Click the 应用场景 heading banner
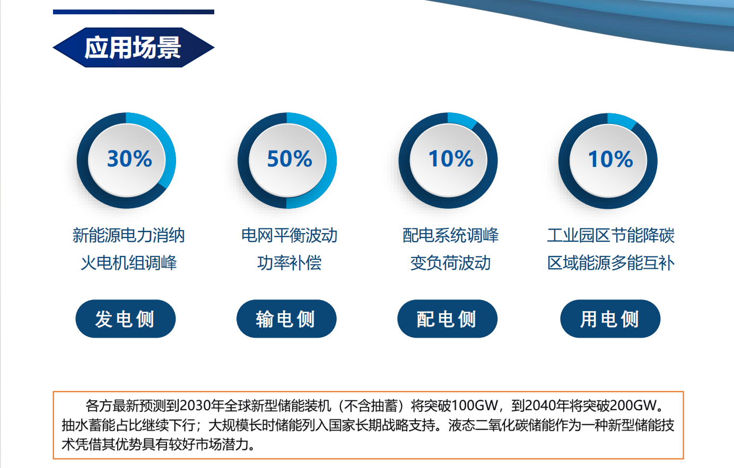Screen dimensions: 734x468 tap(133, 48)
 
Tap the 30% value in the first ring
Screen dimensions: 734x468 tap(129, 159)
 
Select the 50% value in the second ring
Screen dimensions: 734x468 tap(290, 159)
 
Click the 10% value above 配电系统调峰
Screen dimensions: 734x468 tap(451, 159)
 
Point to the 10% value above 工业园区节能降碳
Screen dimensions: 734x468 tap(610, 159)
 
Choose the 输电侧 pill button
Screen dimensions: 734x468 tap(286, 319)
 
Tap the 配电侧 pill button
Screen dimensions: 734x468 tap(447, 319)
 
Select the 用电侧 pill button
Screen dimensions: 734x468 tap(610, 319)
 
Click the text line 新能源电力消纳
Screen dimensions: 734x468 tap(128, 235)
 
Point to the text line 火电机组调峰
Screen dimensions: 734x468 tap(128, 263)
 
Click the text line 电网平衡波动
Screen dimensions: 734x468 tap(290, 235)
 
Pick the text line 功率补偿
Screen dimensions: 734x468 tap(290, 263)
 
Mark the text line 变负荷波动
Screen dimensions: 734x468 tap(451, 263)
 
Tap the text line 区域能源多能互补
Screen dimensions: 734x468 tap(611, 263)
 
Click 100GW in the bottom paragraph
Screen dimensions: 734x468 tap(475, 406)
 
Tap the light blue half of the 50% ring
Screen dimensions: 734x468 tap(331, 161)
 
